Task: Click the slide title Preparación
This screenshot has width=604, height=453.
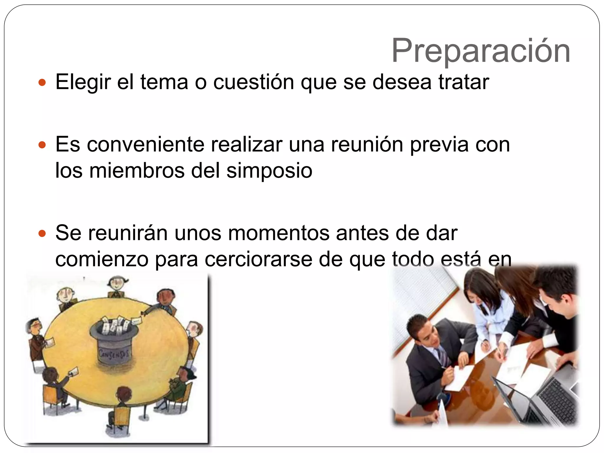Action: pos(480,51)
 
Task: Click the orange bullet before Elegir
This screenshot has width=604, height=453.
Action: pos(42,83)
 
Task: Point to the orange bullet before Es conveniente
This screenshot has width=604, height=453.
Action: pos(42,145)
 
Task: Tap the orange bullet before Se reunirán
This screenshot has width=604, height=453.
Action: pos(42,234)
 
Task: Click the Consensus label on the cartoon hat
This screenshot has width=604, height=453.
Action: pos(114,353)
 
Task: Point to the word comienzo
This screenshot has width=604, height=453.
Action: pos(102,260)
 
